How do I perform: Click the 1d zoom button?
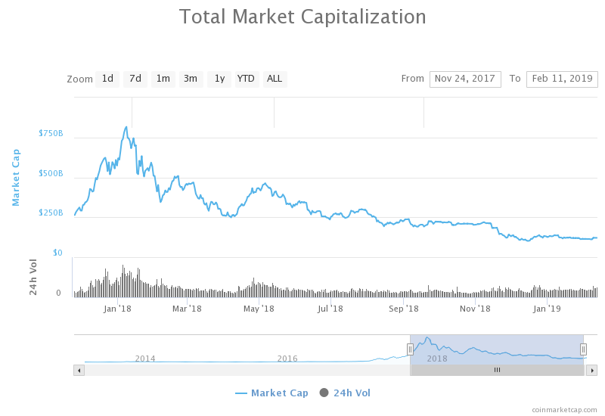coord(107,79)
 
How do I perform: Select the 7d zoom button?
coord(135,79)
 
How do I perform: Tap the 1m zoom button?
coord(163,79)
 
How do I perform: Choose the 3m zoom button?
coord(191,79)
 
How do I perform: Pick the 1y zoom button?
coord(219,79)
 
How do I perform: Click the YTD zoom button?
coord(246,79)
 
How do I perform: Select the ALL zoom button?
coord(275,79)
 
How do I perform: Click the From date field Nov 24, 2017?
coord(465,79)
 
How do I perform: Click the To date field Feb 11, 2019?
coord(562,79)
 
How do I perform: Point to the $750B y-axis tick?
coord(51,134)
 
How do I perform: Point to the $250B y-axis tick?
coord(51,213)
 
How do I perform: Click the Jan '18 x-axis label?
coord(118,309)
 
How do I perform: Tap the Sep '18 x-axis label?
coord(404,309)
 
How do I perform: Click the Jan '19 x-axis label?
coord(547,309)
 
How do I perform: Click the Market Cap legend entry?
coord(271,393)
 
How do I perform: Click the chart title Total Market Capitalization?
coord(302,17)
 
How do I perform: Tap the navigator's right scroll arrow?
coord(591,370)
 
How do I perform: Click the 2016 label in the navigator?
coord(287,359)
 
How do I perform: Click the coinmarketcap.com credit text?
coord(564,409)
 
